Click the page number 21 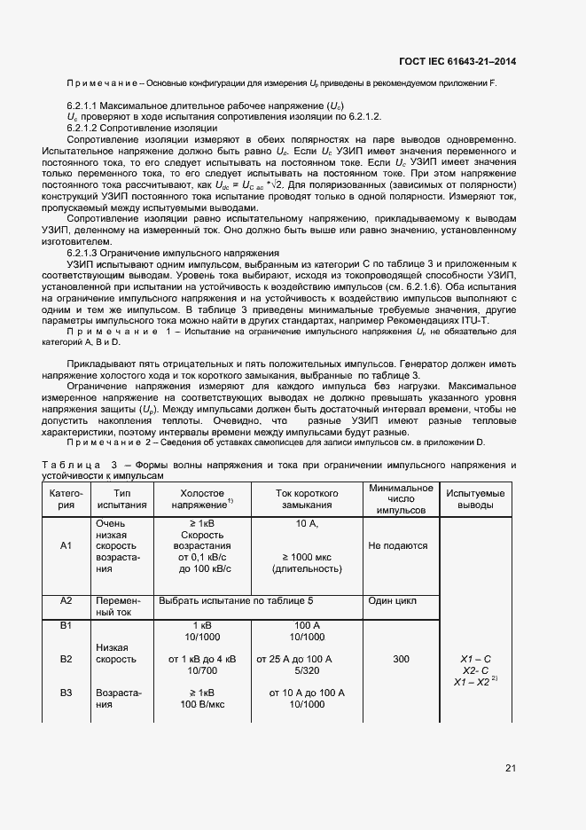[510, 768]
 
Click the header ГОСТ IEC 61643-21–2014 [457, 61]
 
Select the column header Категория [66, 498]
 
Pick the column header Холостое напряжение [202, 498]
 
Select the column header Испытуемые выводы [475, 498]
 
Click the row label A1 [66, 546]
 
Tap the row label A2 [66, 600]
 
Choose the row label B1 [66, 626]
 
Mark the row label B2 [66, 659]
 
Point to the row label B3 [66, 693]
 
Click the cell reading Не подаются [398, 546]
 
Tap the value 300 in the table [402, 660]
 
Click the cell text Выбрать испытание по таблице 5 [236, 600]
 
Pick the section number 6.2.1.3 [88, 253]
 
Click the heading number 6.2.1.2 [88, 128]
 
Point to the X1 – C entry [475, 660]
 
